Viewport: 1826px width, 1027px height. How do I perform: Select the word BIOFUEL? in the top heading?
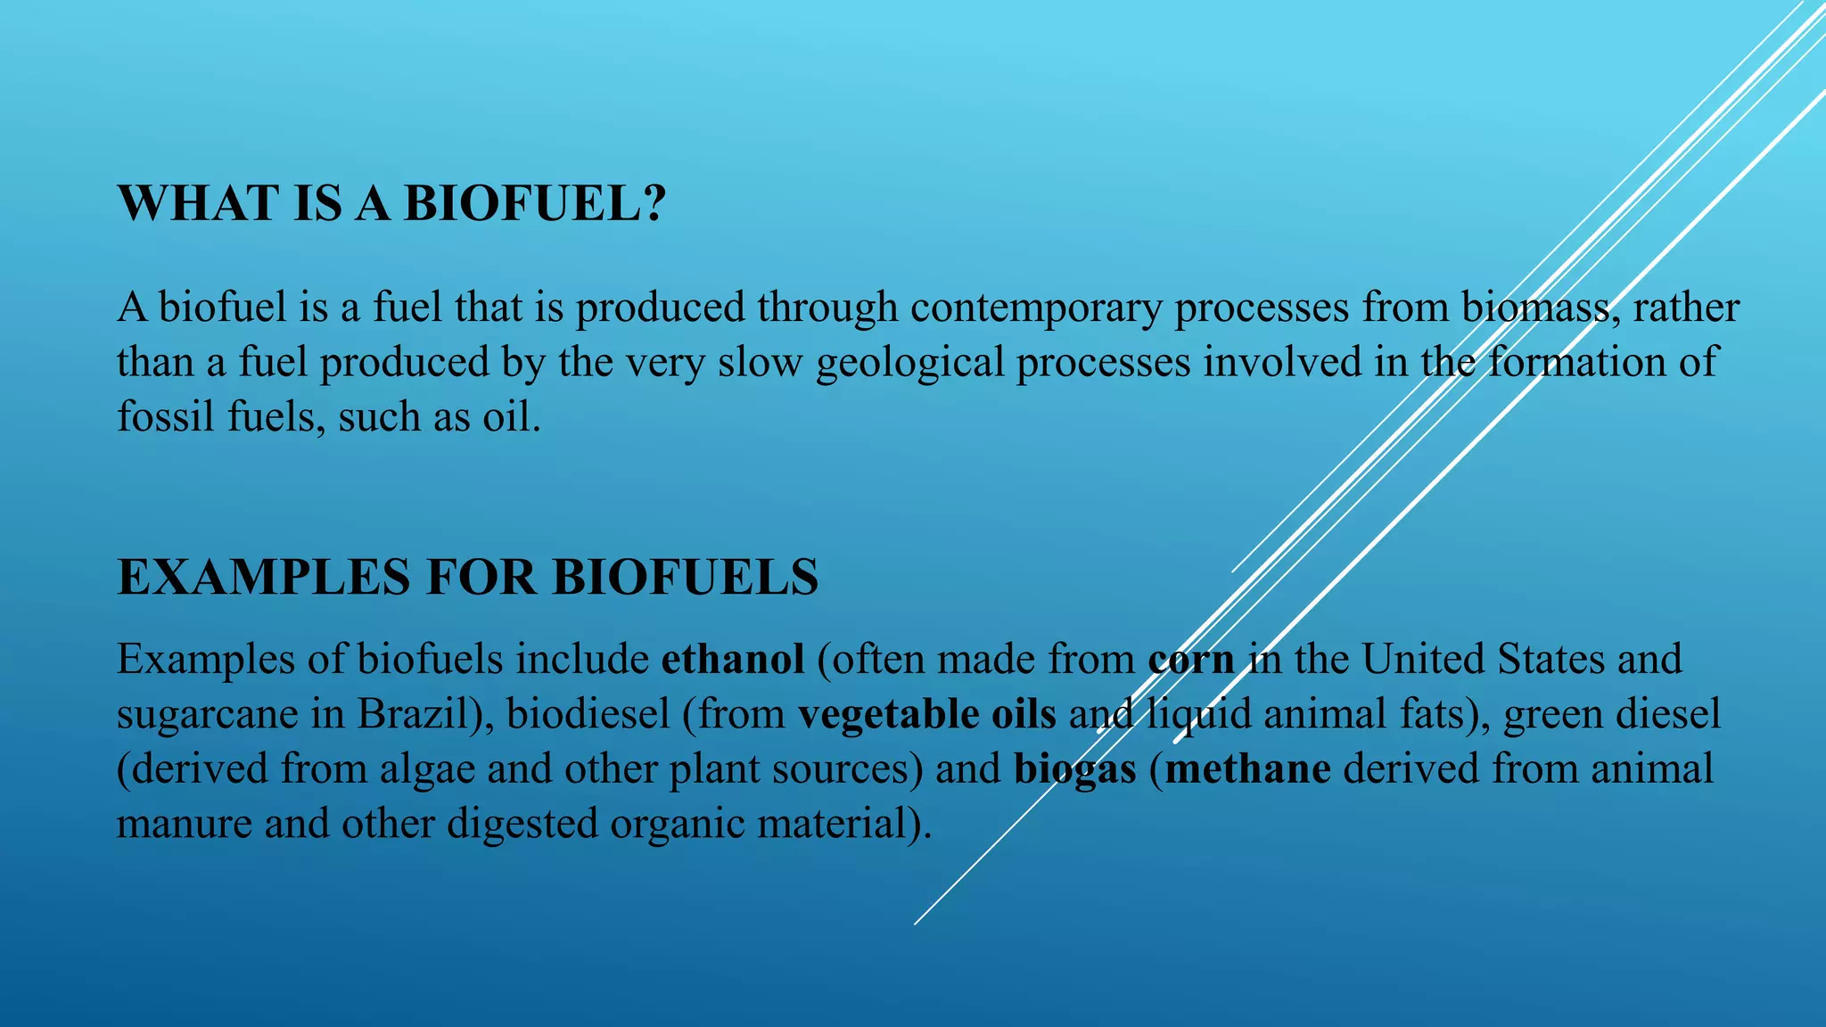535,203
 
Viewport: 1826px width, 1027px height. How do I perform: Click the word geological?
909,363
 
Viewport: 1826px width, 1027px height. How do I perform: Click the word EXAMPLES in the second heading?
265,577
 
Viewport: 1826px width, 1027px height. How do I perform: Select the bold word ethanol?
733,660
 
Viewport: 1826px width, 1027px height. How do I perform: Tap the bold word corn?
1191,660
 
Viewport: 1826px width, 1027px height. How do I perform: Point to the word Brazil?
415,714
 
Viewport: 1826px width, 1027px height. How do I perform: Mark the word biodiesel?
588,714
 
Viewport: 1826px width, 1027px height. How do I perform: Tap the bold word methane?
1247,768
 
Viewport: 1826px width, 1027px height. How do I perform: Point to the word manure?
184,824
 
